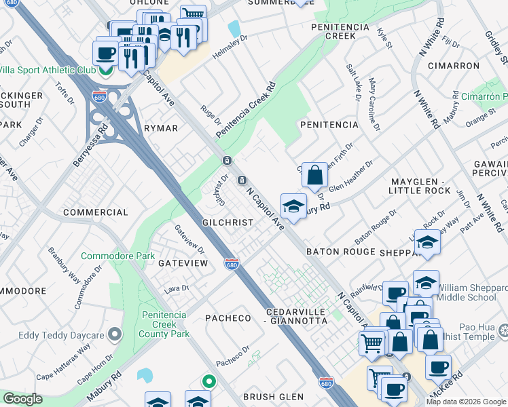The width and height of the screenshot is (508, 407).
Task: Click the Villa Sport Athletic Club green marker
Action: point(106,70)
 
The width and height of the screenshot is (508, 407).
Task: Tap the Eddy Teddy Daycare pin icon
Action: point(115,334)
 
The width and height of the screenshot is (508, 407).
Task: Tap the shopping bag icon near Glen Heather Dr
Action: point(314,176)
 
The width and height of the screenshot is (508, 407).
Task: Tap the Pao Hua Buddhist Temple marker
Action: point(503,331)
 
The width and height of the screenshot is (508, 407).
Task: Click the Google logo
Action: point(22,399)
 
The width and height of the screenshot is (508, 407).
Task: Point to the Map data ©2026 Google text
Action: point(466,402)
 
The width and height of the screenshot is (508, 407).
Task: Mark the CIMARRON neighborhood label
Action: point(454,66)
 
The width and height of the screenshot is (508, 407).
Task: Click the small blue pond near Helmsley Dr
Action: point(234,28)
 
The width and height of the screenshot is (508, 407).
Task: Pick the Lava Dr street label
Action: point(176,290)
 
